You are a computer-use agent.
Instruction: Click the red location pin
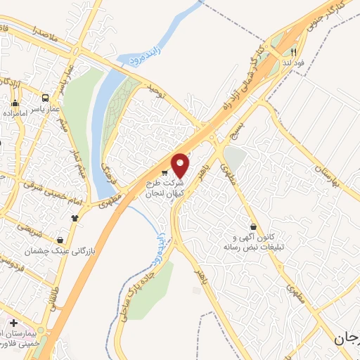pos(181,165)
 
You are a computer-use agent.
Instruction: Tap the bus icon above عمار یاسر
pos(46,98)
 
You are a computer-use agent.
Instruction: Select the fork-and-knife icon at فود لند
pos(295,51)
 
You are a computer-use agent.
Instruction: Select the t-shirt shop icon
pos(75,217)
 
